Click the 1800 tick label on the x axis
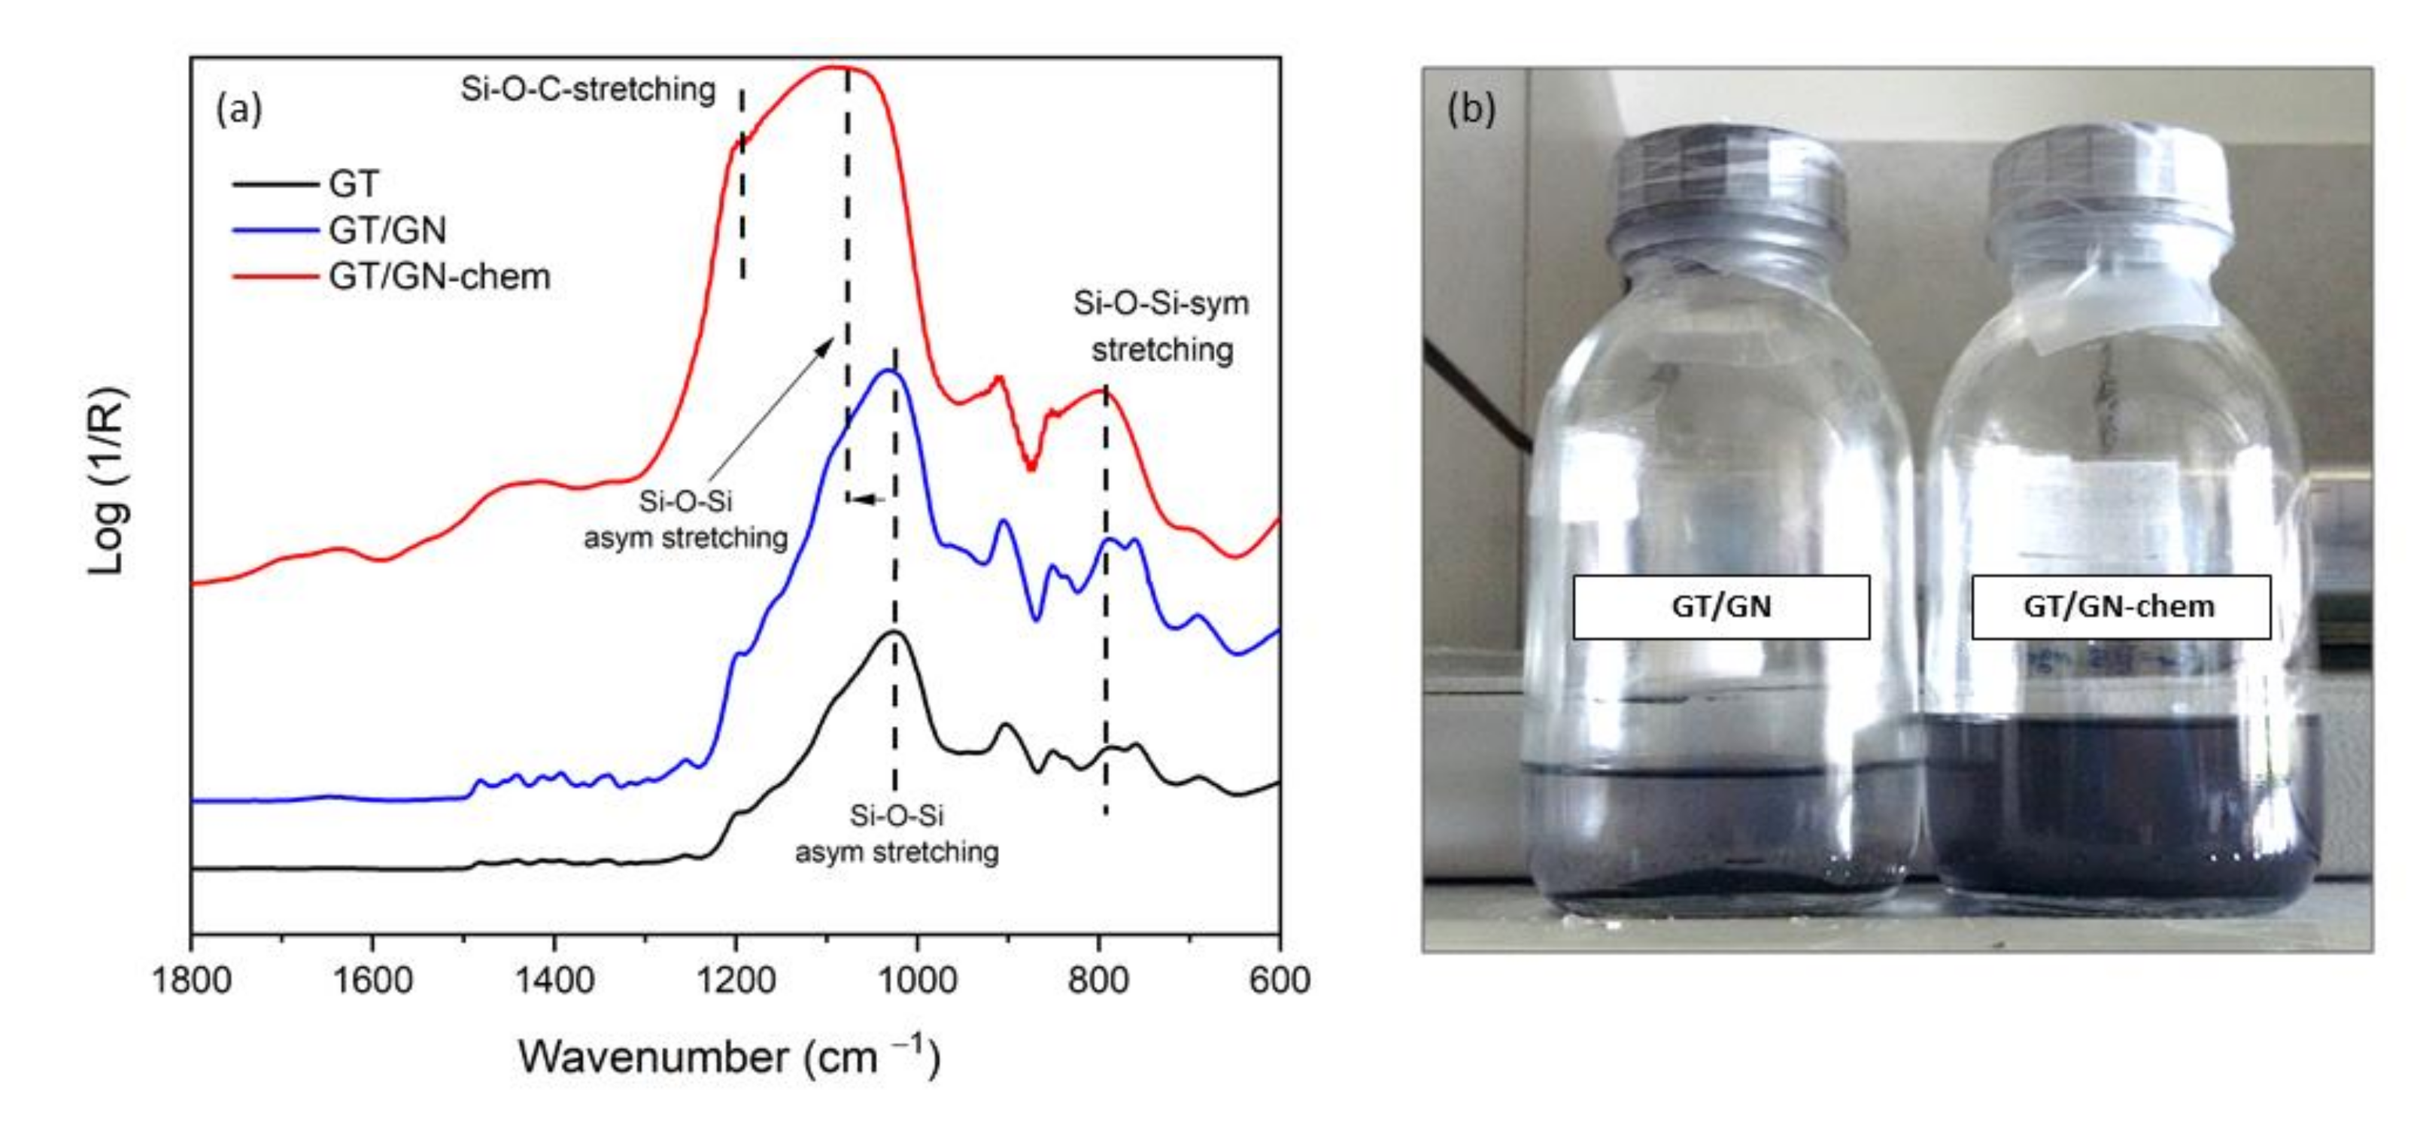(191, 981)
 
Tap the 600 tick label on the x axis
(1279, 981)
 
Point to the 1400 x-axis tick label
(554, 981)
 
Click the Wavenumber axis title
(729, 1057)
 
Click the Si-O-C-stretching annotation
(588, 90)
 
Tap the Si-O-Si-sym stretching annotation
(1161, 326)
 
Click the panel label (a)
(238, 110)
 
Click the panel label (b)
(1470, 110)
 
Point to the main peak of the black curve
(893, 632)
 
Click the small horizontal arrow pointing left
(867, 500)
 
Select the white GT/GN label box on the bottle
(1720, 607)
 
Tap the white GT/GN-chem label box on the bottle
(2120, 607)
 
